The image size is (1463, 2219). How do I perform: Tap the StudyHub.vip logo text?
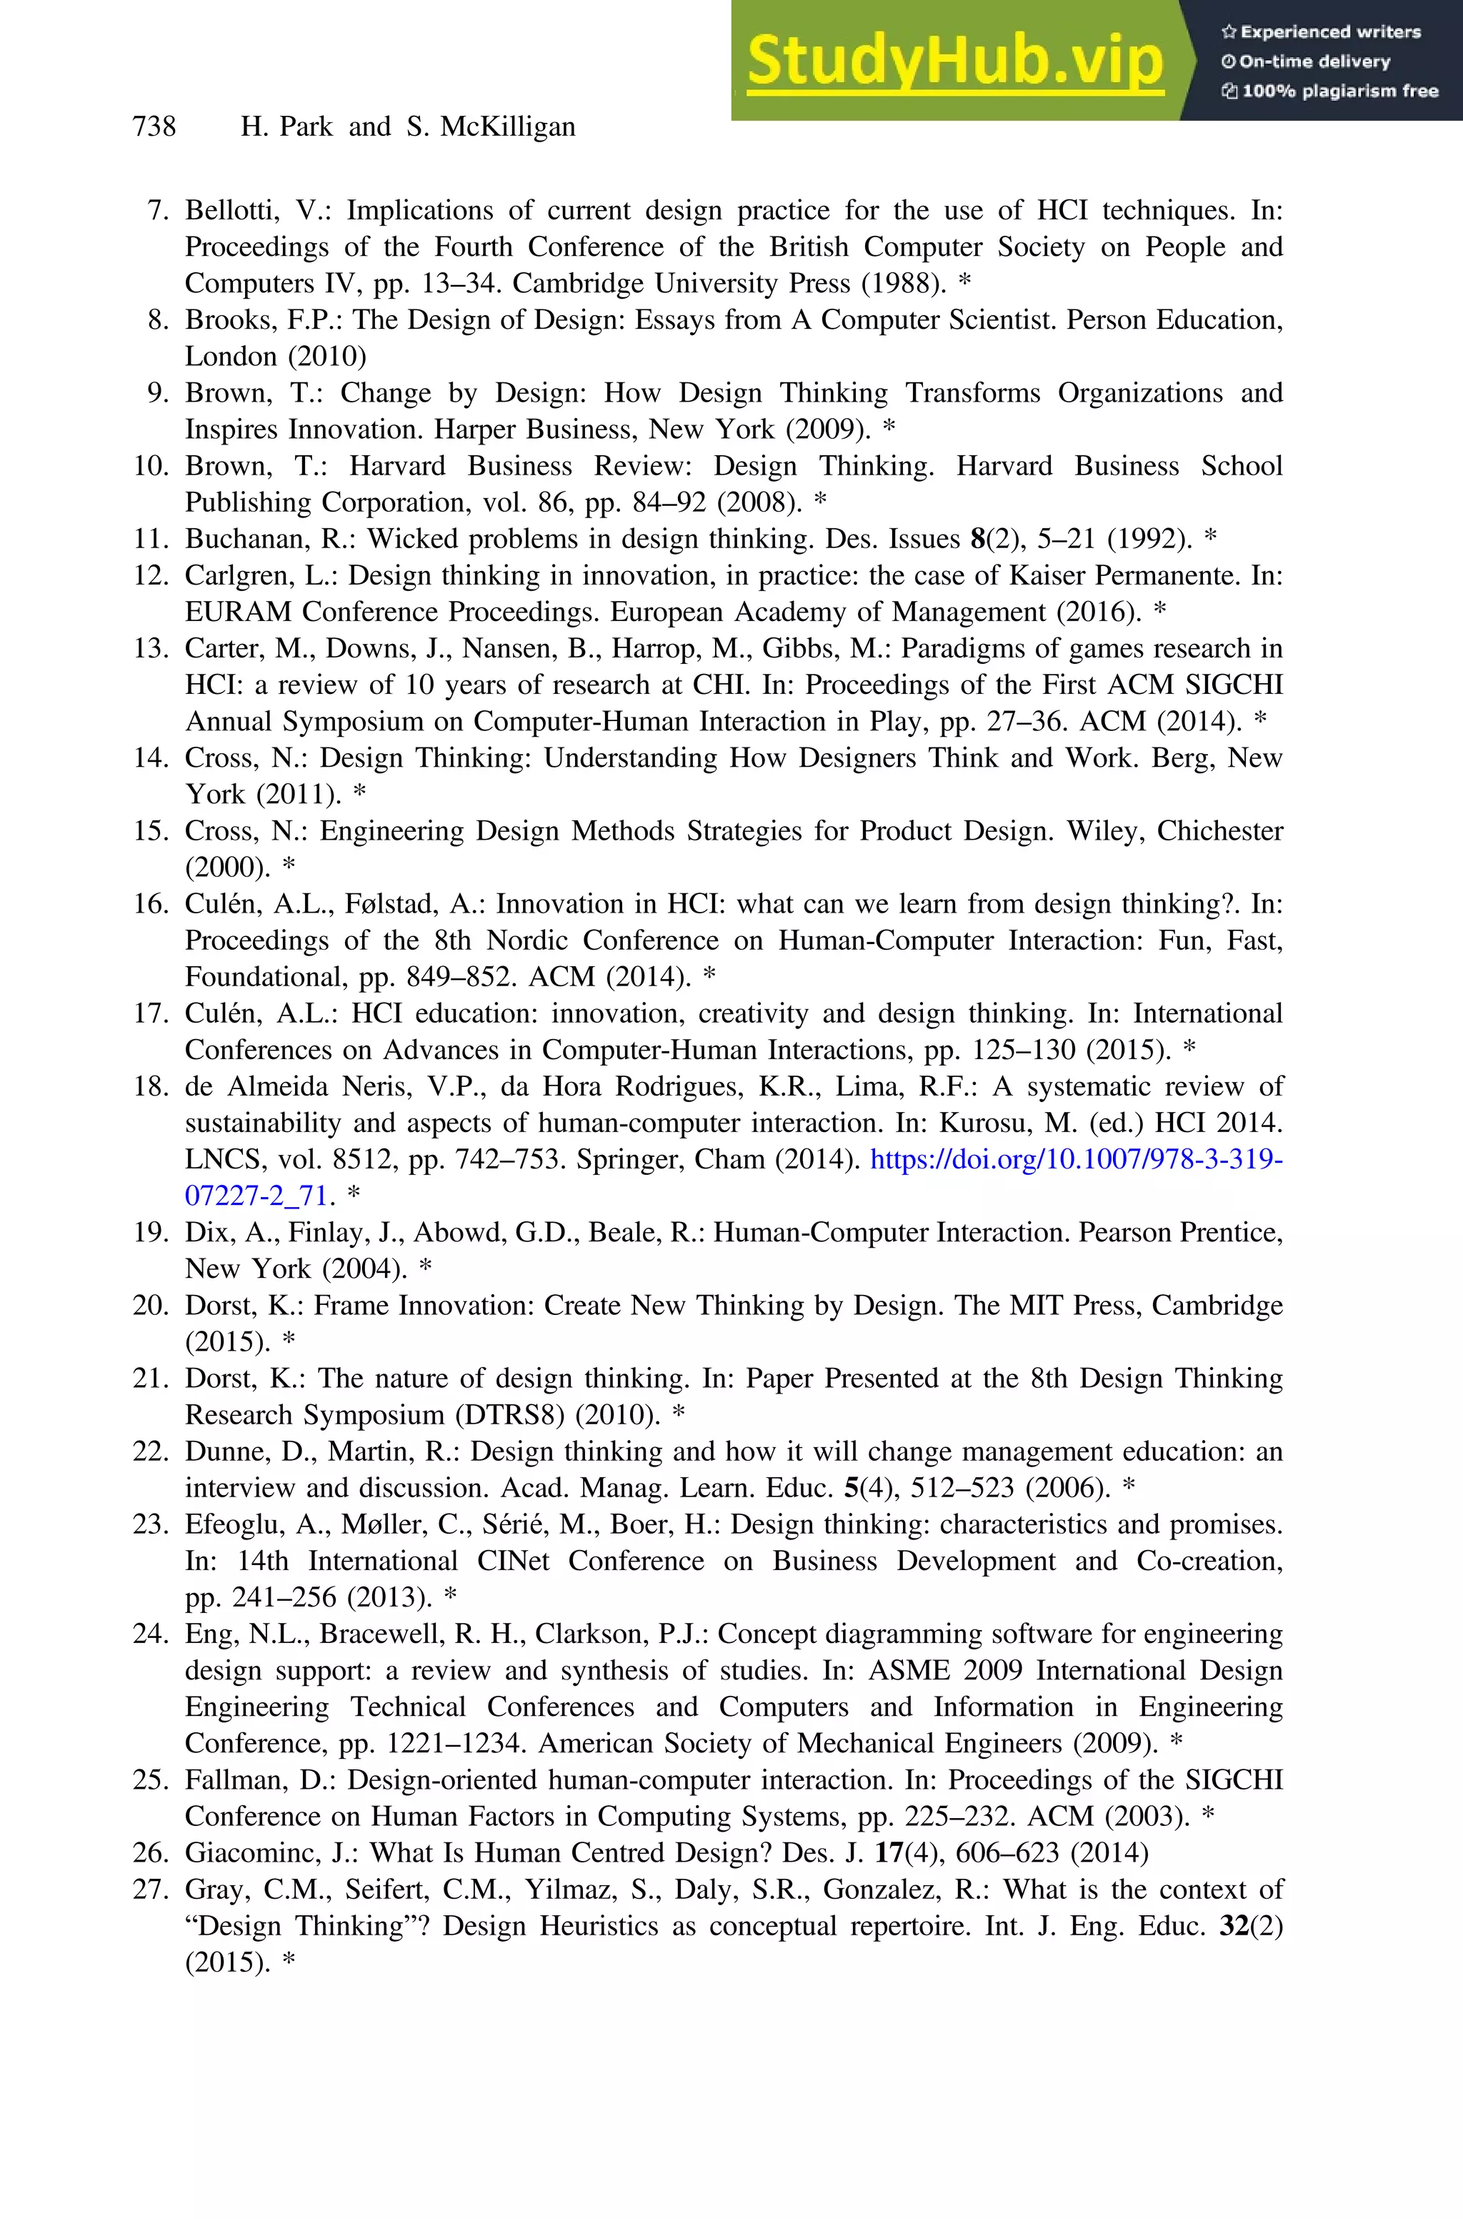(x=954, y=61)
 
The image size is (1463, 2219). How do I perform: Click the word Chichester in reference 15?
(x=1219, y=830)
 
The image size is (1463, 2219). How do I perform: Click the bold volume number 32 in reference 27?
(x=1234, y=1926)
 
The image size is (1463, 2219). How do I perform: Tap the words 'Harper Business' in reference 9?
(x=537, y=430)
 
